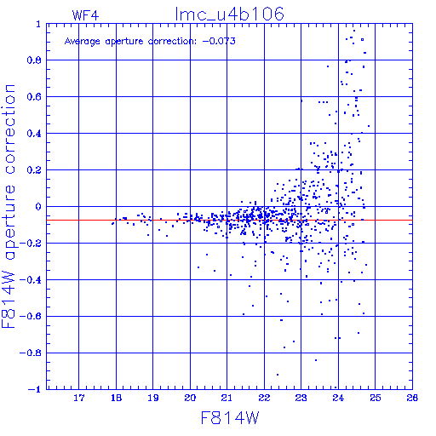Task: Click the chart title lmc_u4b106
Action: (x=229, y=14)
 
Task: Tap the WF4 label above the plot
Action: (x=85, y=15)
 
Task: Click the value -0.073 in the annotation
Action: (x=219, y=41)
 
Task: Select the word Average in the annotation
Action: (x=83, y=42)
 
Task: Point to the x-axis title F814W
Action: (x=230, y=418)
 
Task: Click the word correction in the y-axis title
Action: (x=9, y=129)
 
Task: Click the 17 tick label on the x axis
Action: (x=79, y=398)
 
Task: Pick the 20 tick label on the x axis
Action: (x=190, y=398)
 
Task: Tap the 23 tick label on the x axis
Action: (x=301, y=398)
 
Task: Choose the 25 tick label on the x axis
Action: (x=376, y=398)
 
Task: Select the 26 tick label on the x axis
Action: (x=412, y=398)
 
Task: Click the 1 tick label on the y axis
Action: (x=38, y=24)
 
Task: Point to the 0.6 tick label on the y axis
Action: (x=34, y=97)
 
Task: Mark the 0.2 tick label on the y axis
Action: (x=34, y=170)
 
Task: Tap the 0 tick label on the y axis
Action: (x=38, y=207)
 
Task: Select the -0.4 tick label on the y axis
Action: (x=31, y=280)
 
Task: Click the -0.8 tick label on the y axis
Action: (x=31, y=353)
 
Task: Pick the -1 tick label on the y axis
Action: (x=35, y=389)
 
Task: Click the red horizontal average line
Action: (x=229, y=220)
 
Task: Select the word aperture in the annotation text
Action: (x=124, y=42)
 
